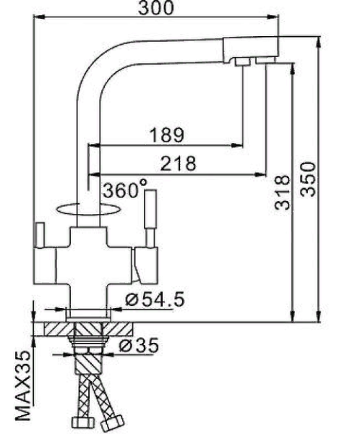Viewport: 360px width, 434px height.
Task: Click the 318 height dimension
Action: click(283, 192)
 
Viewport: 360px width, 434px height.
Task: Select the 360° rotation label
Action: click(124, 190)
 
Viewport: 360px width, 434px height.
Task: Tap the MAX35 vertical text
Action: click(24, 387)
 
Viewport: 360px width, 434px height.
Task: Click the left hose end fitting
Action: click(79, 422)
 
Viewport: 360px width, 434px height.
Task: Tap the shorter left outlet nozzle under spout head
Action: click(243, 66)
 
